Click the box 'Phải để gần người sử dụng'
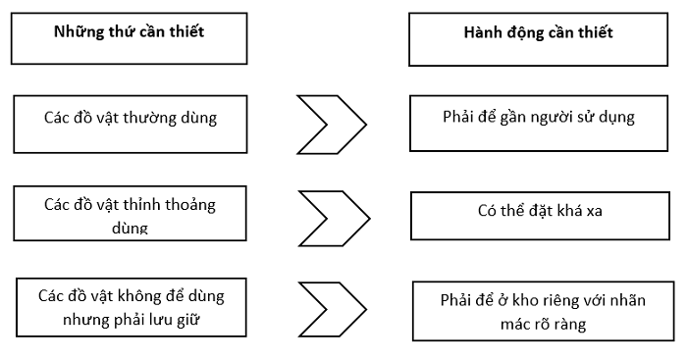538,123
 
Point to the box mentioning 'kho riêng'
538,312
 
